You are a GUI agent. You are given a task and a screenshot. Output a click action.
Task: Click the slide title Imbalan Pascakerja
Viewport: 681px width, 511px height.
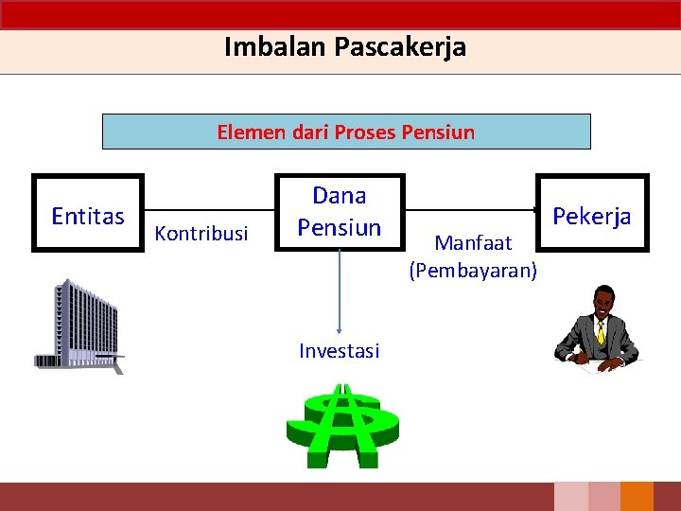click(x=344, y=46)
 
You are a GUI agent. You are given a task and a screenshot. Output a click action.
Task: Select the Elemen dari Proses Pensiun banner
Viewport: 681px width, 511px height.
click(x=346, y=132)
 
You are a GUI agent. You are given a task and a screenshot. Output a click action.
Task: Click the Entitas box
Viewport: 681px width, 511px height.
click(x=87, y=214)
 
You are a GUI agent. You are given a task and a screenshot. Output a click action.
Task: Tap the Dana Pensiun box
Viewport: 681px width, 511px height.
click(x=340, y=213)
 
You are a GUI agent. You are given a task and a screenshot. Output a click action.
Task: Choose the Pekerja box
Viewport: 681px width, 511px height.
click(x=592, y=213)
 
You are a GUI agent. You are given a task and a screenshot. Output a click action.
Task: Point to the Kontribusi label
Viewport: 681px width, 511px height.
click(x=201, y=233)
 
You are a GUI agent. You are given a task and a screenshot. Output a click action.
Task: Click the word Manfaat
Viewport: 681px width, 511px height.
click(x=473, y=243)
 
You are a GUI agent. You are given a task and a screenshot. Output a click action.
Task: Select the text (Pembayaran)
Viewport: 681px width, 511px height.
click(x=473, y=271)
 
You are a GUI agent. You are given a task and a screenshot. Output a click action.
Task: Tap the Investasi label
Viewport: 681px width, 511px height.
click(x=339, y=351)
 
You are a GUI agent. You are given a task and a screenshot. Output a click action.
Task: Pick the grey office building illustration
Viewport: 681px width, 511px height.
click(x=79, y=326)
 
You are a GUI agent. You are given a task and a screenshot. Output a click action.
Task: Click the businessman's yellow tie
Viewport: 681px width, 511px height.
click(x=600, y=331)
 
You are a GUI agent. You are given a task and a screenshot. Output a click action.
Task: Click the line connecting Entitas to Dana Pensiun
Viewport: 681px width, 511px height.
click(x=209, y=210)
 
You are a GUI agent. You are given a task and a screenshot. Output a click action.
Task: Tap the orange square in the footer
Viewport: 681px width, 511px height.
click(x=637, y=497)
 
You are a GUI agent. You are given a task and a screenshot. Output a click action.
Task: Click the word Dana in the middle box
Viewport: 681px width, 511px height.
click(x=340, y=196)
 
